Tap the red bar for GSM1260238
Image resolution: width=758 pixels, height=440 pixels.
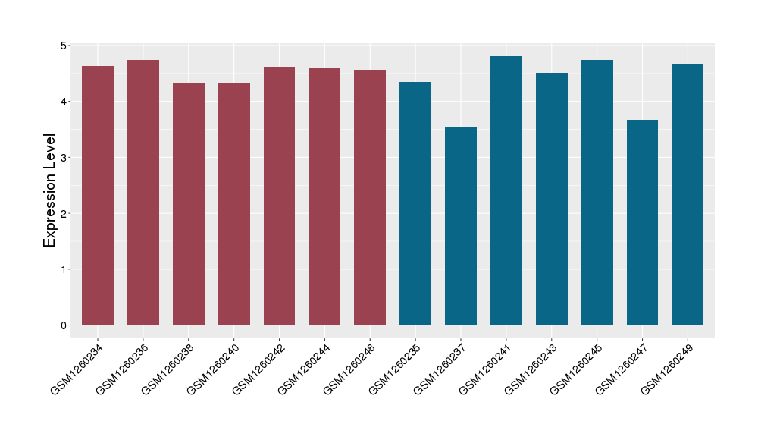coord(189,204)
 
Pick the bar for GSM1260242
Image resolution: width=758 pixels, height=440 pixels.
coord(279,196)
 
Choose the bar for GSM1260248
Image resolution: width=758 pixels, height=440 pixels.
coord(370,197)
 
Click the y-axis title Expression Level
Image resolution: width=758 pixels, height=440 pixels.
coord(50,190)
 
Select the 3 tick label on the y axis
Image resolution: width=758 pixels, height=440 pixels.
coord(63,158)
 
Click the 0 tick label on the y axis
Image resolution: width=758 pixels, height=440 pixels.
coord(63,325)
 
